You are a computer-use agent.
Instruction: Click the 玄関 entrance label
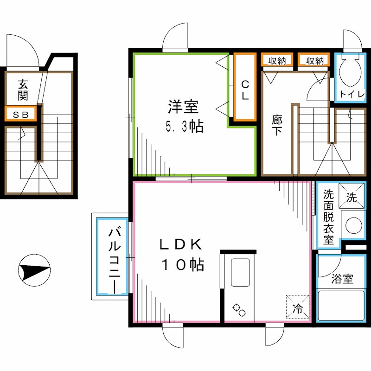(22, 90)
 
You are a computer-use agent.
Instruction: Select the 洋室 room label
(183, 107)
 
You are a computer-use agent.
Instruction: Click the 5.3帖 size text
(185, 127)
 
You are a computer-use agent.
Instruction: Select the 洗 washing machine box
(351, 198)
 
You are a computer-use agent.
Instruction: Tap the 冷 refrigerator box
(297, 307)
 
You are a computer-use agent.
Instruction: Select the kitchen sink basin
(240, 274)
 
